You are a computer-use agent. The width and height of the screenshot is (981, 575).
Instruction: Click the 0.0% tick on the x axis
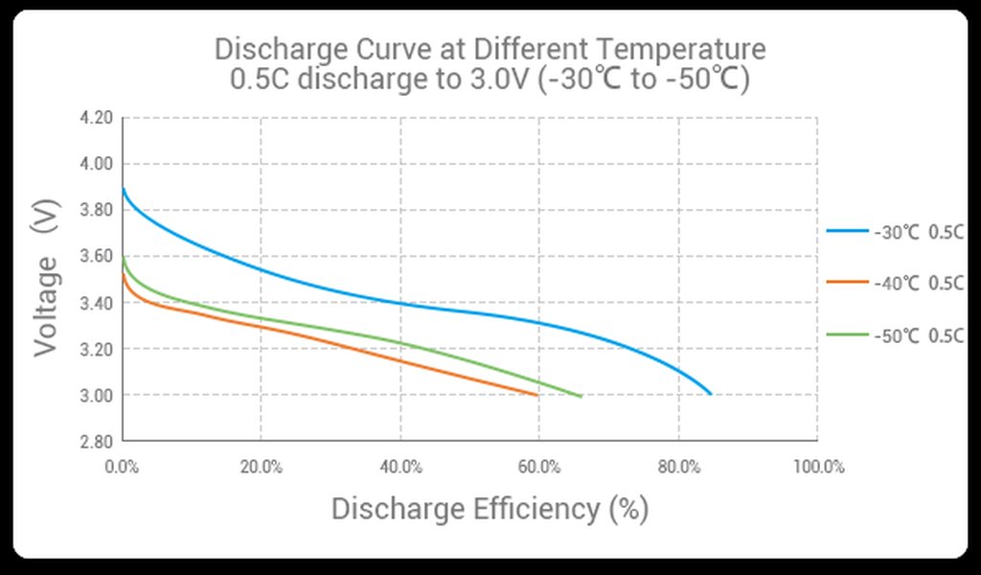[123, 467]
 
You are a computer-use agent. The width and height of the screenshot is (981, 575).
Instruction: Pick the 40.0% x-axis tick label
[400, 467]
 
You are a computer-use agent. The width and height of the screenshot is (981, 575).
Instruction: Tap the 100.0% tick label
[817, 467]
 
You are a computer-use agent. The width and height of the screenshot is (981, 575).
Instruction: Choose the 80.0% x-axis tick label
[678, 467]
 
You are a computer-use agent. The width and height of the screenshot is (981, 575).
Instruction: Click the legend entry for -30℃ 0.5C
[918, 231]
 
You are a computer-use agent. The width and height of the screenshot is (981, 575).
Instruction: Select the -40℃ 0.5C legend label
[918, 283]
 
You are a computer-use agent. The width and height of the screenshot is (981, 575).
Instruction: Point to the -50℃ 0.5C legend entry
[918, 335]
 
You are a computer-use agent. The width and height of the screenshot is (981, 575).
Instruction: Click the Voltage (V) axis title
[45, 278]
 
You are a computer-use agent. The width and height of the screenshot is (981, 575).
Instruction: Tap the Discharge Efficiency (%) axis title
[490, 509]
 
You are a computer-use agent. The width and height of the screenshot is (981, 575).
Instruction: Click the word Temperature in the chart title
[687, 48]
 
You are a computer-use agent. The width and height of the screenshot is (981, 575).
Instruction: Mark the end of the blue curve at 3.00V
[710, 394]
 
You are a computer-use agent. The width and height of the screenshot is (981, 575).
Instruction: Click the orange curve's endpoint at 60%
[537, 395]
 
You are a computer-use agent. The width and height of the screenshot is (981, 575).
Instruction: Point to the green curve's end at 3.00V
[581, 395]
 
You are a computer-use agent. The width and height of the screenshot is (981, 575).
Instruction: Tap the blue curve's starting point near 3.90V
[124, 188]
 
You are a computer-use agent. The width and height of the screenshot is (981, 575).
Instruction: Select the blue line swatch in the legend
[847, 231]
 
